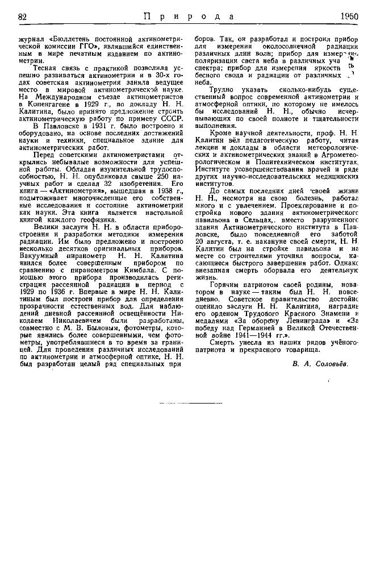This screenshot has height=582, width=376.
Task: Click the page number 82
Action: click(x=23, y=16)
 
